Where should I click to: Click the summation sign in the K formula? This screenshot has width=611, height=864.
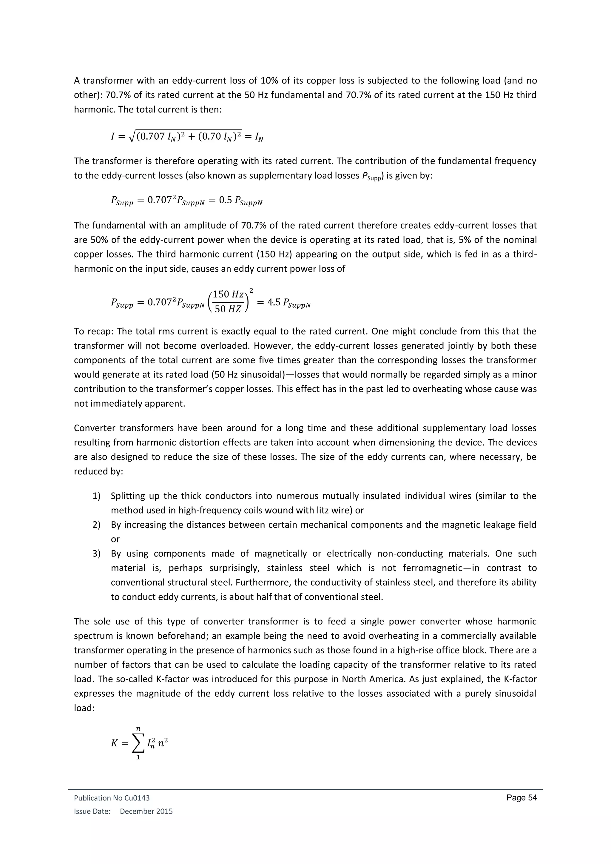(x=138, y=743)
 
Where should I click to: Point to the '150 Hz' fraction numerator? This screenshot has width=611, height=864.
(x=228, y=294)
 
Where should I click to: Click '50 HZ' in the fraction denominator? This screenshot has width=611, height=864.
(x=228, y=309)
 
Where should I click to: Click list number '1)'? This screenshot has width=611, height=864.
(x=97, y=496)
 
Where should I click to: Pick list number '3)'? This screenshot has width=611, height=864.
(x=97, y=553)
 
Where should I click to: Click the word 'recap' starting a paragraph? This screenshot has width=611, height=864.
(x=102, y=331)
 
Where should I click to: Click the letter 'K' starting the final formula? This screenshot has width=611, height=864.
(x=114, y=743)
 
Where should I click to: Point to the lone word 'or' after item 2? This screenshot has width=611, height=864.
(x=115, y=539)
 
